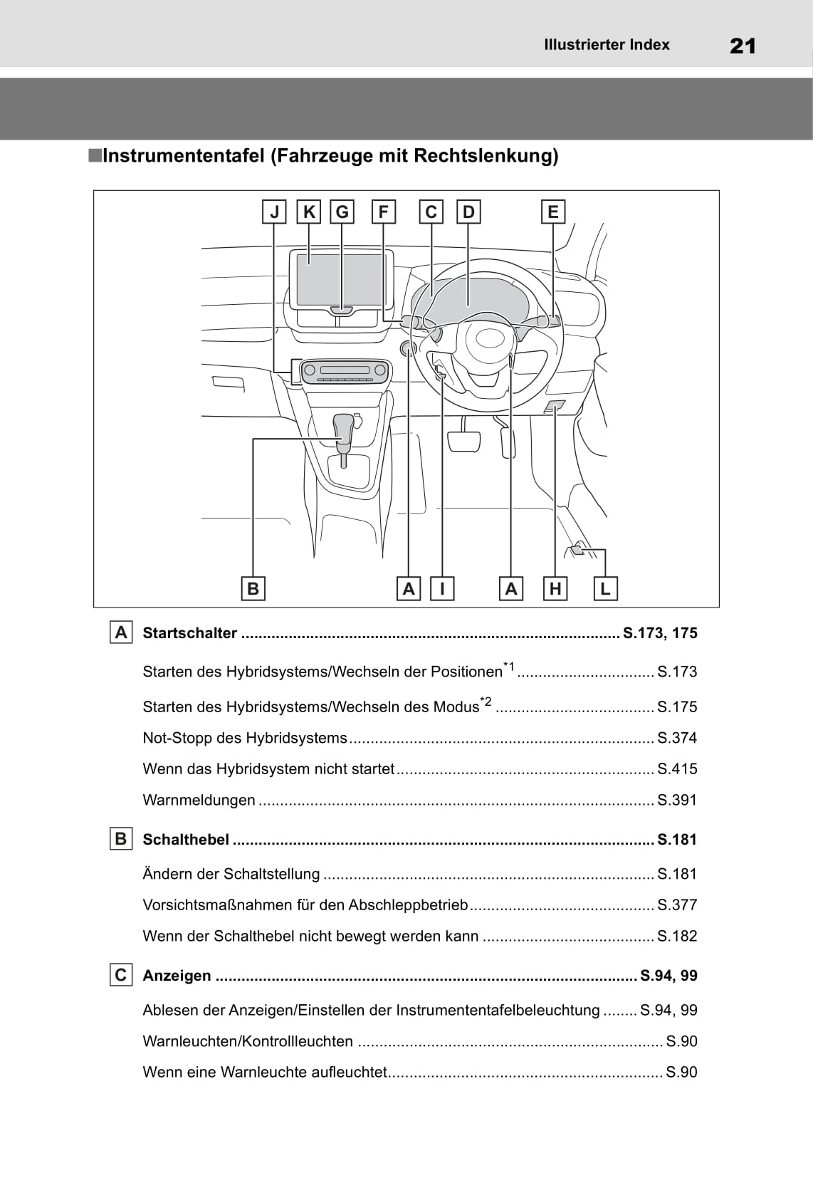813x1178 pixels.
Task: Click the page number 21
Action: pyautogui.click(x=743, y=46)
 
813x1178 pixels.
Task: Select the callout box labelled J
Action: pyautogui.click(x=274, y=212)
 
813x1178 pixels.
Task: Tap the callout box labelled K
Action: pyautogui.click(x=308, y=212)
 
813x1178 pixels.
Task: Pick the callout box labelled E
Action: pyautogui.click(x=553, y=212)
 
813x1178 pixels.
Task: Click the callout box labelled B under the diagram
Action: pyautogui.click(x=253, y=588)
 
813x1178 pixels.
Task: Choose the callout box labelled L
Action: pyautogui.click(x=605, y=588)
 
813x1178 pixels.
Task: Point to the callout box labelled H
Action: pyautogui.click(x=555, y=588)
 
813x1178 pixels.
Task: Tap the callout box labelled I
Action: pyautogui.click(x=442, y=588)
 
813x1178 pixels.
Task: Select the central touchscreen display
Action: pyautogui.click(x=339, y=280)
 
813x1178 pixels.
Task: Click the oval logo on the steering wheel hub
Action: pyautogui.click(x=489, y=339)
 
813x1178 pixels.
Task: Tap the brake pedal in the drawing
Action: pyautogui.click(x=464, y=441)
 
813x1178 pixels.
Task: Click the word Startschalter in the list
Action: pyautogui.click(x=189, y=632)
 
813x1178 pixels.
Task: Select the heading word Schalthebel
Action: pyautogui.click(x=186, y=839)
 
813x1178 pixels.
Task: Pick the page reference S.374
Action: pyautogui.click(x=677, y=738)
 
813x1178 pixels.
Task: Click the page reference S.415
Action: pyautogui.click(x=677, y=769)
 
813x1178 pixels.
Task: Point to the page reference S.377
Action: pyautogui.click(x=677, y=905)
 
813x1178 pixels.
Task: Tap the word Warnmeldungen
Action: pyautogui.click(x=199, y=800)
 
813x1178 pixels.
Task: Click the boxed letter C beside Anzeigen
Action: pyautogui.click(x=121, y=975)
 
